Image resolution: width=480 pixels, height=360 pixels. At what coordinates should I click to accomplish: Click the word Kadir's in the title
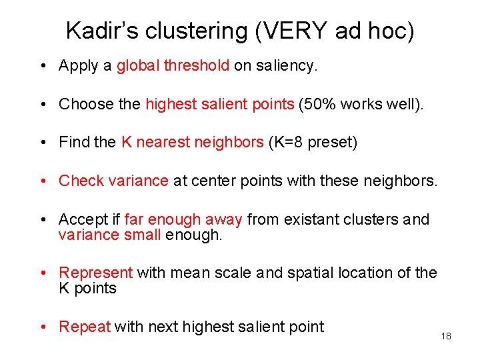click(x=102, y=31)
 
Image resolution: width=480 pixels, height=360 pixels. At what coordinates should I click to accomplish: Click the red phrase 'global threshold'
click(x=173, y=65)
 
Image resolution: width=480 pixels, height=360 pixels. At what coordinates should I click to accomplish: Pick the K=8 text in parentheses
click(x=287, y=142)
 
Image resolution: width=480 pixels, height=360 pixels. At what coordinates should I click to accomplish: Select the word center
click(x=212, y=181)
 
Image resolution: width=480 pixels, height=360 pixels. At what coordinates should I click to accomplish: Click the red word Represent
click(x=96, y=273)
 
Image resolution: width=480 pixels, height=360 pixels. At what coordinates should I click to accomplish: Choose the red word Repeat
click(x=85, y=327)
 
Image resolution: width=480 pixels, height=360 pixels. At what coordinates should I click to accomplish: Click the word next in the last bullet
click(x=163, y=327)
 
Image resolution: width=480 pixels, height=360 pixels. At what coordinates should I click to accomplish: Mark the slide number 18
click(x=446, y=336)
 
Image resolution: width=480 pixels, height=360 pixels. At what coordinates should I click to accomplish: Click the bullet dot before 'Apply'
click(x=42, y=66)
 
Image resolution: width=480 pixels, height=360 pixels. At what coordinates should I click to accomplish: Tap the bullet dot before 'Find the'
click(x=42, y=143)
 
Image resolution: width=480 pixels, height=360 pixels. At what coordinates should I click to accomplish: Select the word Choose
click(x=80, y=104)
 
